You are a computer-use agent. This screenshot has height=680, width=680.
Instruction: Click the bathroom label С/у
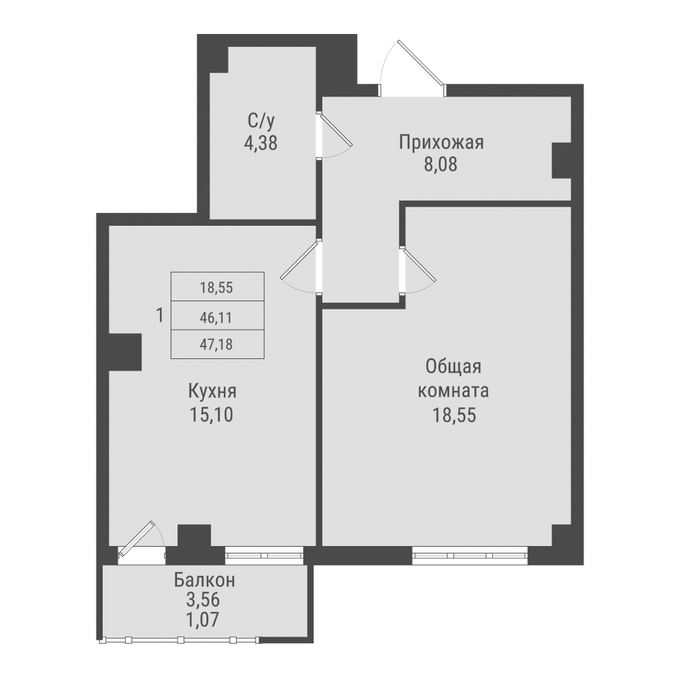point(261,122)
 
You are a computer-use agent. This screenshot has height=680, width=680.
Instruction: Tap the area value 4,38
point(261,143)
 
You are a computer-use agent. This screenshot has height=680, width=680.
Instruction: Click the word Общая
point(454,367)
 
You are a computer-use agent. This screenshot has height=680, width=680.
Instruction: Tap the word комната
point(454,391)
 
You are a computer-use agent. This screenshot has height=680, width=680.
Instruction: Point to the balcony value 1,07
point(205,619)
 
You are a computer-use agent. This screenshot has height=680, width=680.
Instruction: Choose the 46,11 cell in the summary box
point(216,316)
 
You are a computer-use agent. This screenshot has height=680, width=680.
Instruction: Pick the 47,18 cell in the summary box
point(216,345)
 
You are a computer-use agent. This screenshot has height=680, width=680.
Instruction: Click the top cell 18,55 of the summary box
point(216,288)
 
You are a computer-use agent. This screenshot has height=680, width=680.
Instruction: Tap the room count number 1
point(159,316)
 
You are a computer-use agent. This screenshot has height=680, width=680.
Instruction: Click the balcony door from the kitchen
point(141,542)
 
